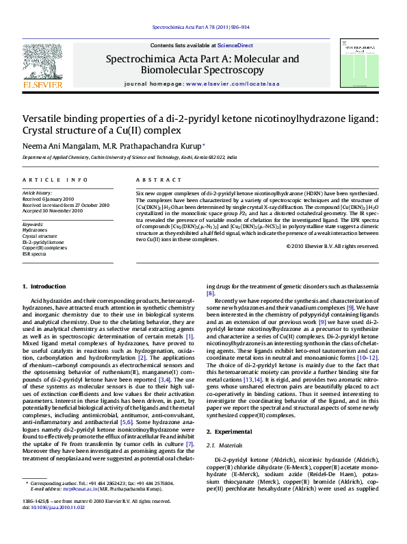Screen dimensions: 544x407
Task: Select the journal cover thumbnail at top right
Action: (x=355, y=63)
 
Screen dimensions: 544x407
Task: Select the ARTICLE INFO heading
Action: (x=55, y=180)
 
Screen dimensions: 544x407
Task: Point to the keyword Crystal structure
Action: (x=41, y=236)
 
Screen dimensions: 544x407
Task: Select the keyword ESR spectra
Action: (x=34, y=254)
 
